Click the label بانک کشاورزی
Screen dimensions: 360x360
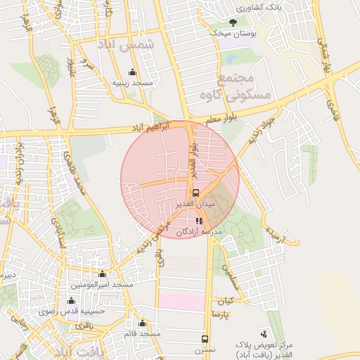pos(239,8)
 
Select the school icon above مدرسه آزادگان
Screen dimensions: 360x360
pos(199,221)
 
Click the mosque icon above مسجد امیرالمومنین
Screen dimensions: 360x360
pos(103,274)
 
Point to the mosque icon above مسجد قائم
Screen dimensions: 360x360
pos(143,323)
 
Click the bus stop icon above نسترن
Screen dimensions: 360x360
pos(205,338)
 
